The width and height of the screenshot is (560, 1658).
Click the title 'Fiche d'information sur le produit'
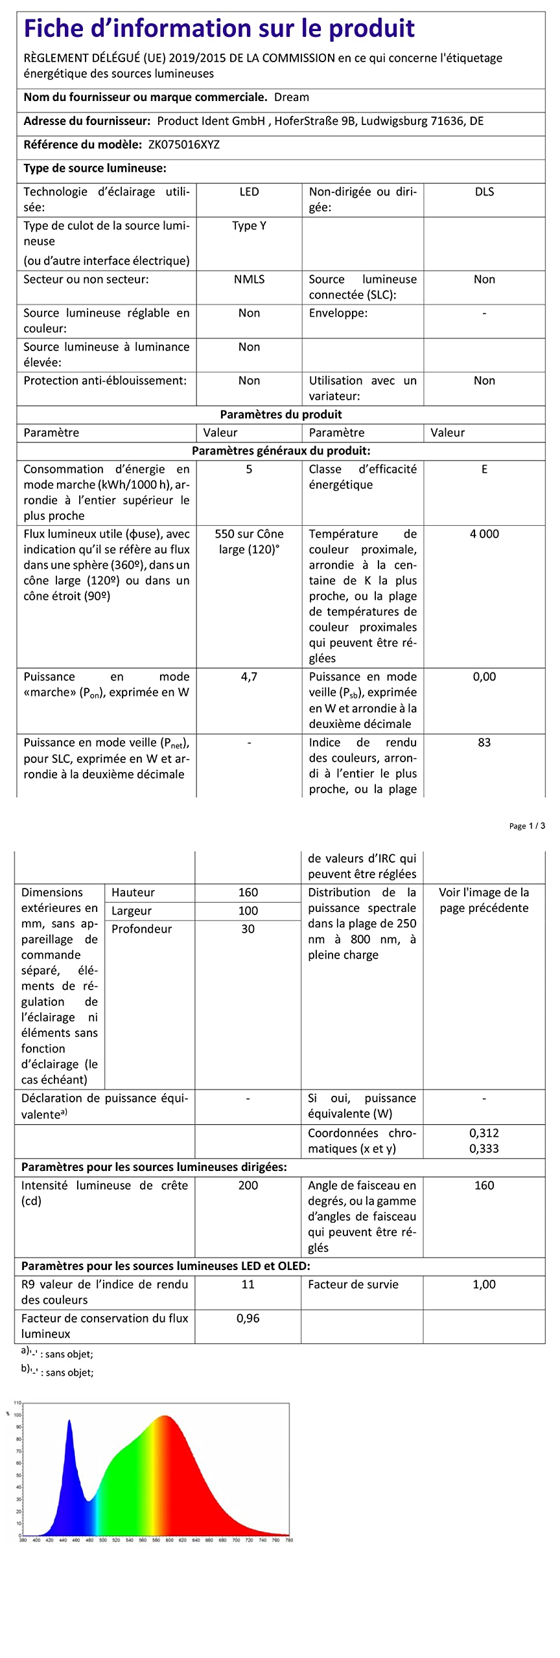219,28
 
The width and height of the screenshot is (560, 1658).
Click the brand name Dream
291,97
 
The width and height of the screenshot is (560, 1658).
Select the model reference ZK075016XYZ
184,144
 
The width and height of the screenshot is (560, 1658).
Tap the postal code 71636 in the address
447,121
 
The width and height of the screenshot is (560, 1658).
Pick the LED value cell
249,192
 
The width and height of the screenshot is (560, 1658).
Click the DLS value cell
484,192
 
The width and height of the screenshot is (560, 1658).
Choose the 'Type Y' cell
249,225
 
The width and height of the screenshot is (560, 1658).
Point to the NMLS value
249,279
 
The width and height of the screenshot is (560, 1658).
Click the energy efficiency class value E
484,469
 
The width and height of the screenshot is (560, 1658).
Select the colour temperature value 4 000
484,534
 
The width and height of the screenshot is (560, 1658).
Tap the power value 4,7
249,677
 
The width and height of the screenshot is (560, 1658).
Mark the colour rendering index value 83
484,742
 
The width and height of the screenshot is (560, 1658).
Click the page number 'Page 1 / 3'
526,826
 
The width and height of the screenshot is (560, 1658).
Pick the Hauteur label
133,892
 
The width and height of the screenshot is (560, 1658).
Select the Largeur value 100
248,911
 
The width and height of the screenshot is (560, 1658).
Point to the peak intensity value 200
248,1185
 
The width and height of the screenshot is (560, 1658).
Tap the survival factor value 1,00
484,1284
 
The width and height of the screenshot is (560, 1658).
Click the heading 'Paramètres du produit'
281,414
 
